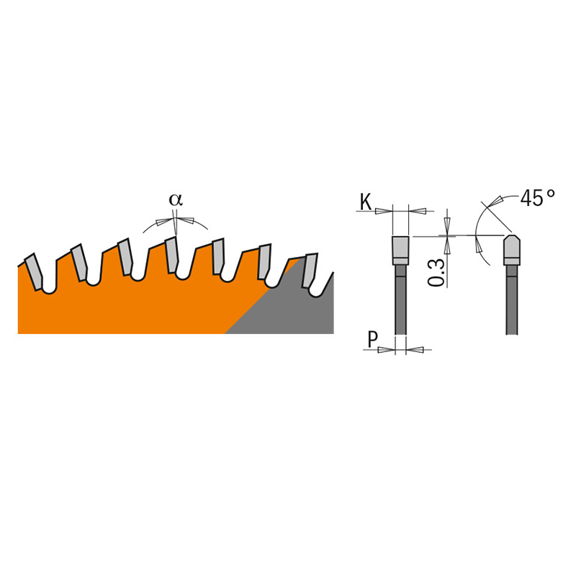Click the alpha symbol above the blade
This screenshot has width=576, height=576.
point(176,200)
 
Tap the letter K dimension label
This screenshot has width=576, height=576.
point(366,202)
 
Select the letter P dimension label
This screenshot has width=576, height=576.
point(372,340)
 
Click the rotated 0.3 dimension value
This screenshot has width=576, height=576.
point(436,273)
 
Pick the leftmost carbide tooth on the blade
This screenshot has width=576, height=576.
point(33,272)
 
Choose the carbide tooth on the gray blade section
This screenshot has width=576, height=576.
point(310,271)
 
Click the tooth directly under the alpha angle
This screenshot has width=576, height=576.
point(172,255)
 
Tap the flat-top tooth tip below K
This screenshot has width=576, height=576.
point(401,250)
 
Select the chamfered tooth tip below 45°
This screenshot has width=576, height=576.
point(512,250)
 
